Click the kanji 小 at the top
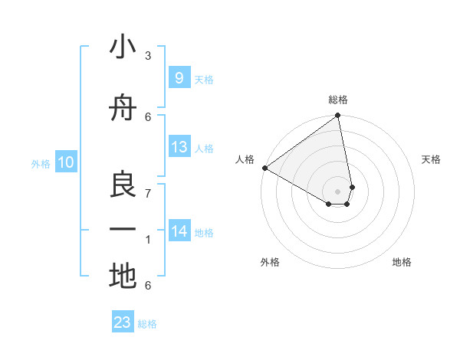click(123, 47)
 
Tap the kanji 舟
click(123, 108)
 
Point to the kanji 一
click(123, 230)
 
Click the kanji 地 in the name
click(123, 276)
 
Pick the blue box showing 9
click(179, 77)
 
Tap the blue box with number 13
click(179, 147)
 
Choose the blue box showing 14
click(179, 231)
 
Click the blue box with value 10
click(65, 162)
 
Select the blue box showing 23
click(123, 322)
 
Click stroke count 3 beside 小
click(148, 56)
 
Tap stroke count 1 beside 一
click(148, 240)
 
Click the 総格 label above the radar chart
click(338, 100)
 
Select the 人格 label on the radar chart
click(245, 159)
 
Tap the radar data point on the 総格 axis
click(338, 116)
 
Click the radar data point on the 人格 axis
click(264, 168)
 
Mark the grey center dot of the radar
click(338, 191)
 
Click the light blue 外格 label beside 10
click(41, 163)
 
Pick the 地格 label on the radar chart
click(402, 262)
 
